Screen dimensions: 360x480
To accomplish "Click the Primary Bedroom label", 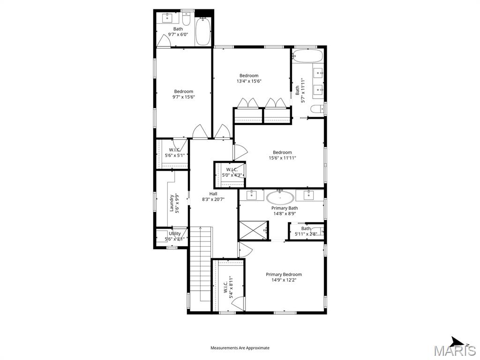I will point(284,277).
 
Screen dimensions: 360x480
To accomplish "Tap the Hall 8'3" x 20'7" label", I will point(213,196).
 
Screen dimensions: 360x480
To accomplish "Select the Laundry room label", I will point(174,203).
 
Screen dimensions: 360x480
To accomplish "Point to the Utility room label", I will point(175,236).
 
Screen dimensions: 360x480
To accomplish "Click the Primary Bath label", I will point(285,211).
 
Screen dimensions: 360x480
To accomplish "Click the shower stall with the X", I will point(254,230).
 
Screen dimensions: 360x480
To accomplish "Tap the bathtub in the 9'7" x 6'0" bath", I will point(202,32).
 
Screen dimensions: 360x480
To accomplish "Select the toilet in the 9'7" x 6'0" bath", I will point(186,21).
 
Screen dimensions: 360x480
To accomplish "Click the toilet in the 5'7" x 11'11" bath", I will point(318,109).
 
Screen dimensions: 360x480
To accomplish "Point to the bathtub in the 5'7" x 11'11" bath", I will point(308,57).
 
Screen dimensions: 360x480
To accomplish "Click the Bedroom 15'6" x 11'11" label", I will point(282,155).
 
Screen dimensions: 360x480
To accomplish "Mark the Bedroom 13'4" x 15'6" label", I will point(249,78).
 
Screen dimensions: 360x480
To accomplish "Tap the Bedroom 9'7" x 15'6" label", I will point(183,94).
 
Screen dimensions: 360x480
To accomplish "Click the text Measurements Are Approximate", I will point(240,348).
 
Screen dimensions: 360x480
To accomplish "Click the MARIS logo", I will point(455,349).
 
